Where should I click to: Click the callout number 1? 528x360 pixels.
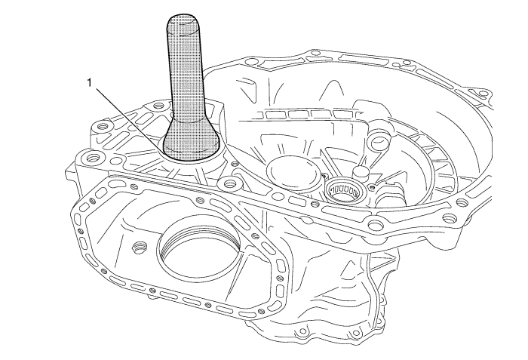pyautogui.click(x=90, y=82)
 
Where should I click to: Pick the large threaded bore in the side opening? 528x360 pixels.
pyautogui.click(x=199, y=247)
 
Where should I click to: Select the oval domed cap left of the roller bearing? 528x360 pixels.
pyautogui.click(x=293, y=171)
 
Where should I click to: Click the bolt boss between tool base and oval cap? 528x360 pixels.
pyautogui.click(x=229, y=183)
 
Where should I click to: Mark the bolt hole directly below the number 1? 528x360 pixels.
pyautogui.click(x=100, y=128)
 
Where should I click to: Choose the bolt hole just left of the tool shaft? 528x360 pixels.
pyautogui.click(x=157, y=106)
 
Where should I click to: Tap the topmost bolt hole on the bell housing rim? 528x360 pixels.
pyautogui.click(x=315, y=53)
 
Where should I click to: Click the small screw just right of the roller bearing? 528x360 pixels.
pyautogui.click(x=371, y=186)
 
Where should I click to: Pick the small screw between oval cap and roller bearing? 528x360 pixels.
pyautogui.click(x=324, y=176)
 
